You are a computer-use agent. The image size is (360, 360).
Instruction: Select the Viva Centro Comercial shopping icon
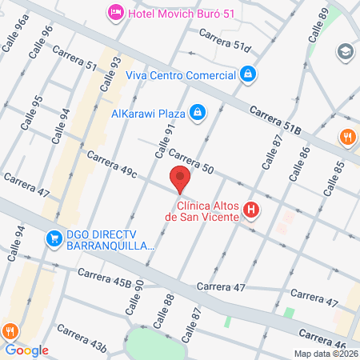point(249,74)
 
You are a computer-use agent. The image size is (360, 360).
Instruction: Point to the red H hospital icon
point(251,210)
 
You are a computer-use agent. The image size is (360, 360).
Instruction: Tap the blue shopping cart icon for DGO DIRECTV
point(54,237)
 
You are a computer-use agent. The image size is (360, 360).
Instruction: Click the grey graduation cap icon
point(346,50)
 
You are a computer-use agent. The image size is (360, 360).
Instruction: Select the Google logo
point(26,350)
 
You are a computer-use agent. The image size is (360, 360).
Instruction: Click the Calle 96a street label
point(15,36)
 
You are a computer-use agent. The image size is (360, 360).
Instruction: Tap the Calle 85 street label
point(334,178)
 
